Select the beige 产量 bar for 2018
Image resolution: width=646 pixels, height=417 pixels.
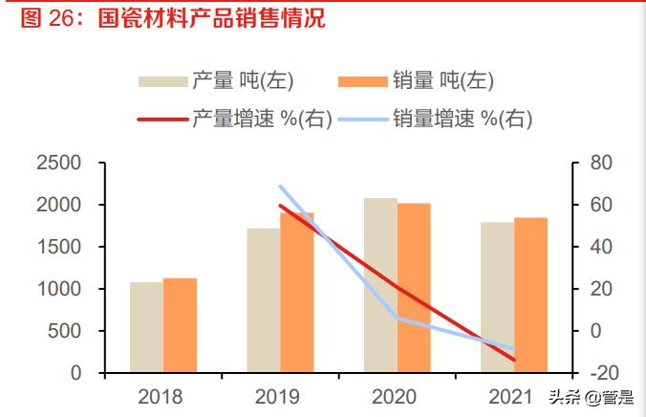[x=146, y=327]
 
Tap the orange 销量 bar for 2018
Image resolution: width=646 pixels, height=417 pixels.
[x=180, y=325]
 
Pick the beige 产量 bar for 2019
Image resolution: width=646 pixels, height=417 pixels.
[x=263, y=300]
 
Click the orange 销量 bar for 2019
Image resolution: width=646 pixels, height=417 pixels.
[x=296, y=293]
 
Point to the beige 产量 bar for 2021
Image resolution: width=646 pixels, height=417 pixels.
[x=496, y=297]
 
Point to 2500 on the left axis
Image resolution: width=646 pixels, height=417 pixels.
[x=58, y=164]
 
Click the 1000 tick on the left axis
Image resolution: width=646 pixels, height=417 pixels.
[x=58, y=289]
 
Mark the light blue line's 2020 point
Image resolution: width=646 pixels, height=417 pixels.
[x=397, y=318]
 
